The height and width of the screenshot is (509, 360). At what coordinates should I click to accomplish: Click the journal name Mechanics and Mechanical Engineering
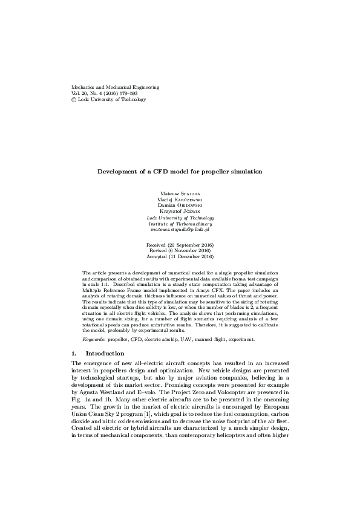click(x=115, y=87)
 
